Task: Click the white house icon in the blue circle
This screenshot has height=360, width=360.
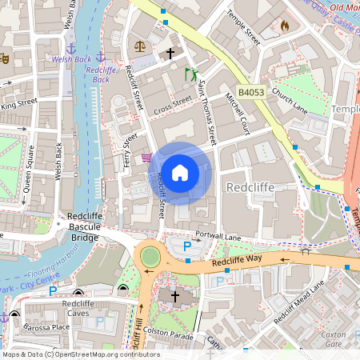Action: [180, 173]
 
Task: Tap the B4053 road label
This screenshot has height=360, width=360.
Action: [250, 93]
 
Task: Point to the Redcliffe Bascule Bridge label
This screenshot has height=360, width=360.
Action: [83, 226]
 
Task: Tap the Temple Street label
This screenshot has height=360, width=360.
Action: [243, 26]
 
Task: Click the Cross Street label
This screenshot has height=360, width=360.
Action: [173, 104]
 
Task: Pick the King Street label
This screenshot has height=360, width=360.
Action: [19, 103]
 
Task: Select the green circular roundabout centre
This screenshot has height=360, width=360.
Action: [150, 256]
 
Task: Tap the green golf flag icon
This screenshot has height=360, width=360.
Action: [191, 74]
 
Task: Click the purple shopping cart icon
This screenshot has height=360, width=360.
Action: [146, 158]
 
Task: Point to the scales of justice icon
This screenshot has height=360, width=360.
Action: [141, 46]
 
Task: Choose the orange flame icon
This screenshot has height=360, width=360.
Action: [284, 26]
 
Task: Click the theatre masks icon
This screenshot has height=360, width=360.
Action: [4, 58]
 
